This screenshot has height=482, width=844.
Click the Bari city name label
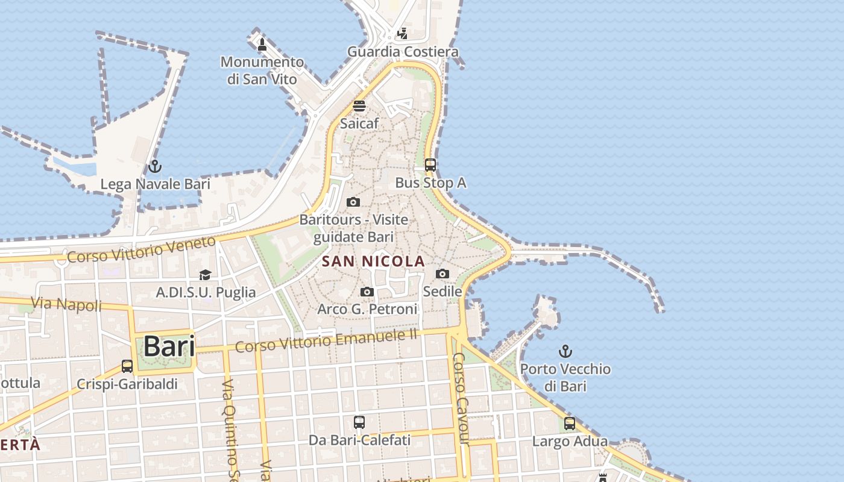[x=169, y=347]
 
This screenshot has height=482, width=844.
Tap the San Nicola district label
[x=373, y=261]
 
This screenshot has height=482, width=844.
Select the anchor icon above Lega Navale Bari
[x=155, y=166]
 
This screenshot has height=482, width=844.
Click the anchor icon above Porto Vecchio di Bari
[x=565, y=351]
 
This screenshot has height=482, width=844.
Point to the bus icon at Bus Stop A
[x=430, y=165]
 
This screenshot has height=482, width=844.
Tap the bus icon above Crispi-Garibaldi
[x=127, y=366]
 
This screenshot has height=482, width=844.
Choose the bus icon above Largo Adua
[x=570, y=424]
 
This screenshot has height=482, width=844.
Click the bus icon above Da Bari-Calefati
[x=359, y=422]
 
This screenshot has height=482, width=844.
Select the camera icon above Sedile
[x=442, y=274]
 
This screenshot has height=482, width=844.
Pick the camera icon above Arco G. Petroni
[x=367, y=292]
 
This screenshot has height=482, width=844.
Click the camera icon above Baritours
[x=354, y=202]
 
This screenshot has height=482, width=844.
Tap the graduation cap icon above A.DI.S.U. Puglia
[x=206, y=275]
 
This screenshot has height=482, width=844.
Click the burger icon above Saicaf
[x=359, y=107]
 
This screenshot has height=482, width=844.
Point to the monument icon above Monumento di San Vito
[x=262, y=45]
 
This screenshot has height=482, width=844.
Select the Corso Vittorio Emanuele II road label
[x=326, y=341]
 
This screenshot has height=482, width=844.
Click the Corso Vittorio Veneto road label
[x=141, y=249]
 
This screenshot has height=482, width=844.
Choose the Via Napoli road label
[x=66, y=304]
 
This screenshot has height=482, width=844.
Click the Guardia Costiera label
[x=403, y=52]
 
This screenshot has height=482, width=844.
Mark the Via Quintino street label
[x=230, y=428]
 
